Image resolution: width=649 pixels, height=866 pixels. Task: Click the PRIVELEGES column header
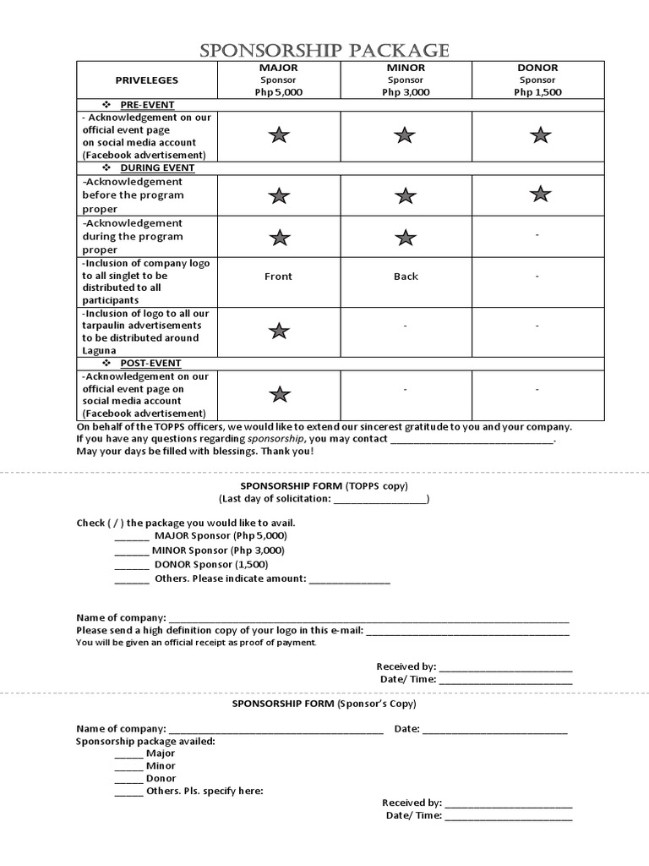(147, 79)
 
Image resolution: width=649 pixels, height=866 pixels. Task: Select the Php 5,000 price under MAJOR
(278, 92)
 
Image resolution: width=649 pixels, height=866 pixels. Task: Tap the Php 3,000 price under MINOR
(406, 92)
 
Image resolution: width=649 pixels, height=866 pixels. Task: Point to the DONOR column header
(537, 68)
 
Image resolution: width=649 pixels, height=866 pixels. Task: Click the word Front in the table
(278, 277)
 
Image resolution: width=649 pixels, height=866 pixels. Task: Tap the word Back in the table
(406, 277)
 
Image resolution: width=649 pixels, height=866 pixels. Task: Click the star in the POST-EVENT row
(279, 394)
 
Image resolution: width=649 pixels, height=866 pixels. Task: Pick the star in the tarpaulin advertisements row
(279, 331)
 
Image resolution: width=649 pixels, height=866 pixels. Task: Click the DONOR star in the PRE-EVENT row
(540, 134)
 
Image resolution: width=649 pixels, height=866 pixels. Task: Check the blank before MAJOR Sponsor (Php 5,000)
(131, 536)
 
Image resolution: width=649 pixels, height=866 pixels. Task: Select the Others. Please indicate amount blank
(350, 579)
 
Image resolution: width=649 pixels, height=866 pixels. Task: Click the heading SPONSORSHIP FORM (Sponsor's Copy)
(324, 704)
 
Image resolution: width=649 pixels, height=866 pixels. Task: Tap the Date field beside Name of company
(494, 730)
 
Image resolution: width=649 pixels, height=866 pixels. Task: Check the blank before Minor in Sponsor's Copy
(128, 766)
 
